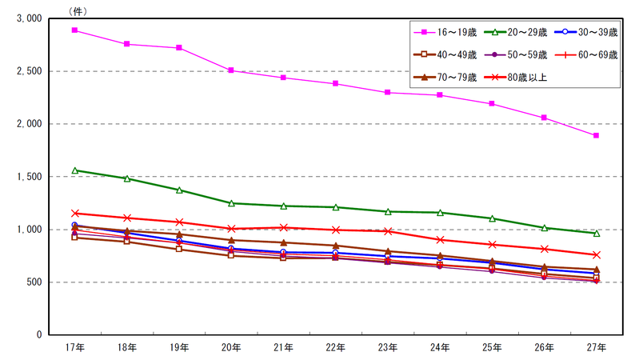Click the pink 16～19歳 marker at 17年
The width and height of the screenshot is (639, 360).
click(x=74, y=30)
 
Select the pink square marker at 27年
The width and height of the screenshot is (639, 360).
click(x=596, y=135)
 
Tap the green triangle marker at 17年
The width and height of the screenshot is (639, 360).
click(x=75, y=170)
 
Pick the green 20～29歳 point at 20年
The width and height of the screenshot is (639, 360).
click(x=231, y=203)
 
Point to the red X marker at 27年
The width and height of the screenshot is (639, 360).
click(x=596, y=255)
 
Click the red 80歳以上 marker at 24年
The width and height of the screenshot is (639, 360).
click(x=440, y=240)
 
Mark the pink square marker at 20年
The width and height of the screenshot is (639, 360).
click(x=231, y=70)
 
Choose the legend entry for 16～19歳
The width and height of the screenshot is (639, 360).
click(x=445, y=32)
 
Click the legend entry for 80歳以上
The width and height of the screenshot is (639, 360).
click(x=516, y=77)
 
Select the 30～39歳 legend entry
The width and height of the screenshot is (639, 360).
click(x=586, y=32)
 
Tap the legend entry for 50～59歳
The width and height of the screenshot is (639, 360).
click(x=516, y=54)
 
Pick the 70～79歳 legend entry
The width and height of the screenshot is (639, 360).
click(x=445, y=77)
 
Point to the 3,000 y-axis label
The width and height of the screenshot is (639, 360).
click(x=29, y=18)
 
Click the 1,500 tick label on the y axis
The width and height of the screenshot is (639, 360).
click(x=29, y=177)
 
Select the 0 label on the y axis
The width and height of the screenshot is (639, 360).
click(x=39, y=334)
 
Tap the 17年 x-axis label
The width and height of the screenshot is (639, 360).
click(x=75, y=347)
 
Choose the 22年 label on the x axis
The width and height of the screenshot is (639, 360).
click(x=335, y=347)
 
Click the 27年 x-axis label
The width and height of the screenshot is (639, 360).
click(x=596, y=347)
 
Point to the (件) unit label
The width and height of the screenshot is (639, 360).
click(x=78, y=11)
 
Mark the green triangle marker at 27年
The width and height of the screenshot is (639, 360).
click(x=597, y=234)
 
